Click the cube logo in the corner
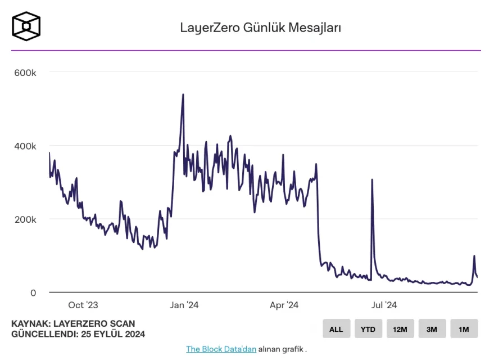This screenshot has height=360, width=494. pos(26,26)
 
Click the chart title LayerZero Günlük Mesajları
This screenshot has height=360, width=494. pos(261,27)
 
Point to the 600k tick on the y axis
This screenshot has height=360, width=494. pos(25,73)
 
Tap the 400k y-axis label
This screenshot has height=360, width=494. pos(25,146)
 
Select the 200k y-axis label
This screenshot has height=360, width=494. pos(25,219)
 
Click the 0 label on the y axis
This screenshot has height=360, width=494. pos(33,292)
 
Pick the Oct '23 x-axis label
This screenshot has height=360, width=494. pos(83,305)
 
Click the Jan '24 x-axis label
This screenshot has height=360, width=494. pos(184,305)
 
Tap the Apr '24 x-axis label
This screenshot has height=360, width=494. pos(284,305)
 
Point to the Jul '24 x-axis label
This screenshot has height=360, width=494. pos(384,305)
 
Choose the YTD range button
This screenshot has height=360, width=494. pos(368,329)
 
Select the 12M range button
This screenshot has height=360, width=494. pos(400,329)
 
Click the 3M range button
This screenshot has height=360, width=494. pos(432,329)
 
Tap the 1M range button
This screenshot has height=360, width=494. pos(464,329)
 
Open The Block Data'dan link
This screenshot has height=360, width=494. pos(221,349)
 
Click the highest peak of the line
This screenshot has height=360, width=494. pos(183,94)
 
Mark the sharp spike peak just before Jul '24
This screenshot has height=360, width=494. pos(372,180)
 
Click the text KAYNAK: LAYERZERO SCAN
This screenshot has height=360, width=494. pos(73,324)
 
